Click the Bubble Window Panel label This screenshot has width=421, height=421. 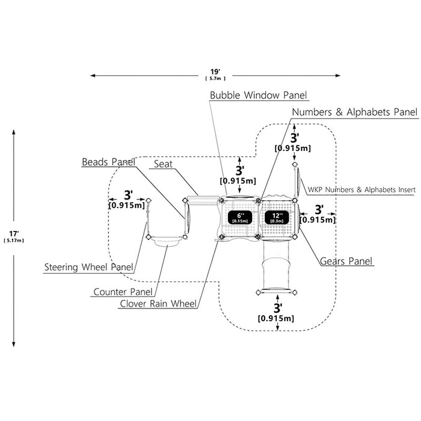point(258,95)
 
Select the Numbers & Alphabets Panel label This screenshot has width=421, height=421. point(354,112)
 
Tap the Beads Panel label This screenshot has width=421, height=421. point(108,162)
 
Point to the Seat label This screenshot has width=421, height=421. point(163,164)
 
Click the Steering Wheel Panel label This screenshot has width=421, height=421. point(88,267)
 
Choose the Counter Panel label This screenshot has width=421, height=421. point(123,292)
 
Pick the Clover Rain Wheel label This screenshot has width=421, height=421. point(158,304)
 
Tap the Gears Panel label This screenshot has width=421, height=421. point(346,261)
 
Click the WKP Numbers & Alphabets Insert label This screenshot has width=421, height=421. point(361,189)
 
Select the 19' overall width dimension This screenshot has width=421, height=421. point(215,72)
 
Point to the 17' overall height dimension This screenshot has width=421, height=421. point(14,233)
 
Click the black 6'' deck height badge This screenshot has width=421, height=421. point(240,218)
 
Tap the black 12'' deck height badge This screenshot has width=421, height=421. point(277,218)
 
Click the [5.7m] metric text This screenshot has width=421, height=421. point(215,78)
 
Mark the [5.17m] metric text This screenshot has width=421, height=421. point(14,241)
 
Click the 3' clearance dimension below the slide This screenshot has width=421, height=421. point(278,308)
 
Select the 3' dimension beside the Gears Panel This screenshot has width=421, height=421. point(319,210)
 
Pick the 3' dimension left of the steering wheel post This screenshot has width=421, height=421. point(129,195)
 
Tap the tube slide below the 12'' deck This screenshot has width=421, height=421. point(277,266)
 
